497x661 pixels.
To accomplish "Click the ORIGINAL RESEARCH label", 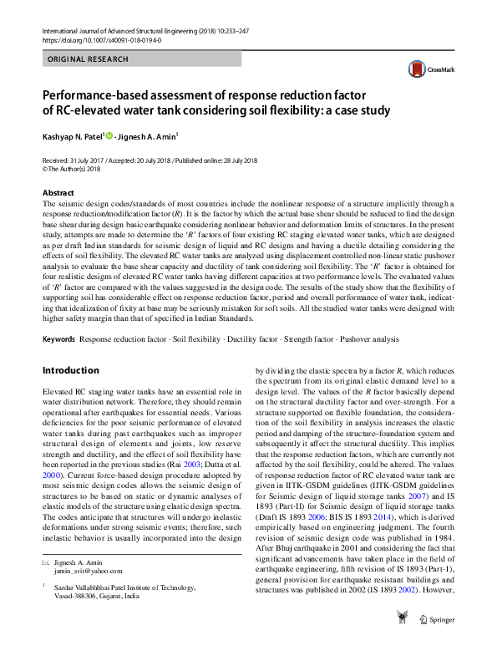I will pos(89,59).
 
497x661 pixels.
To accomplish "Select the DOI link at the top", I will pos(102,40).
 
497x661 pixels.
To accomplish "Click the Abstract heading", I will pos(58,192).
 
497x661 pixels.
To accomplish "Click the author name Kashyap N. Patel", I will pos(73,135).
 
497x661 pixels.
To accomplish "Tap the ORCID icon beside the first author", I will pos(109,135).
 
